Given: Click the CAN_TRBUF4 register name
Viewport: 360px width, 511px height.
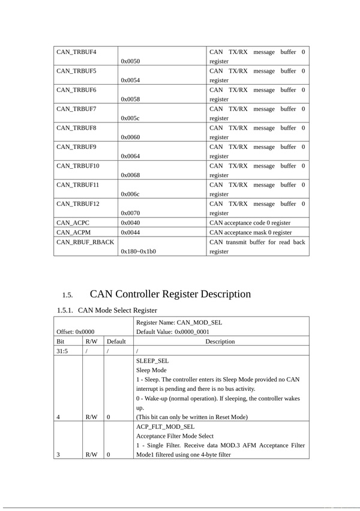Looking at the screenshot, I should [77, 52].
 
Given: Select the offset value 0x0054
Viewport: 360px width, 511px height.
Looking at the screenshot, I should [130, 80].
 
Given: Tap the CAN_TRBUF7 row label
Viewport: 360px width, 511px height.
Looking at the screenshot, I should [77, 109].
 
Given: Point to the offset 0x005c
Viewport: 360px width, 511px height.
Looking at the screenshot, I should [130, 118].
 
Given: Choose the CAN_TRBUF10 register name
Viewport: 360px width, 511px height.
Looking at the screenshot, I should [79, 166].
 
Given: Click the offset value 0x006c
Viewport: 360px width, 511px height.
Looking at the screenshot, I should [130, 194].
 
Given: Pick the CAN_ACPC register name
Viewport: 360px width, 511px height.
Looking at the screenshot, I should [73, 222].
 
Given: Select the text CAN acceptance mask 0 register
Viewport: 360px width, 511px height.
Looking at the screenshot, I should [250, 232].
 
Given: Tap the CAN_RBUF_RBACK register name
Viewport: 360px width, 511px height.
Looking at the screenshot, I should [85, 241].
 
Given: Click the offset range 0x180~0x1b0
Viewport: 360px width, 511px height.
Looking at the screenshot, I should [138, 251].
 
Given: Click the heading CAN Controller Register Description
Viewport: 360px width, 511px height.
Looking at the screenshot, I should [170, 294].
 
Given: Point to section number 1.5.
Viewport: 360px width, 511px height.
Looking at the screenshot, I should [67, 295].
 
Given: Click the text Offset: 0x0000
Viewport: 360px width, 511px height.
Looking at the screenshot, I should [76, 331].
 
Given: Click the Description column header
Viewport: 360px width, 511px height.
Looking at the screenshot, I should [220, 341].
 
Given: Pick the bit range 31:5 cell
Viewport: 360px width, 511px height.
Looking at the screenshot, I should [62, 351].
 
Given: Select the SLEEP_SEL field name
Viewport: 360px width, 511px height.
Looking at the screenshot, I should [152, 360].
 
